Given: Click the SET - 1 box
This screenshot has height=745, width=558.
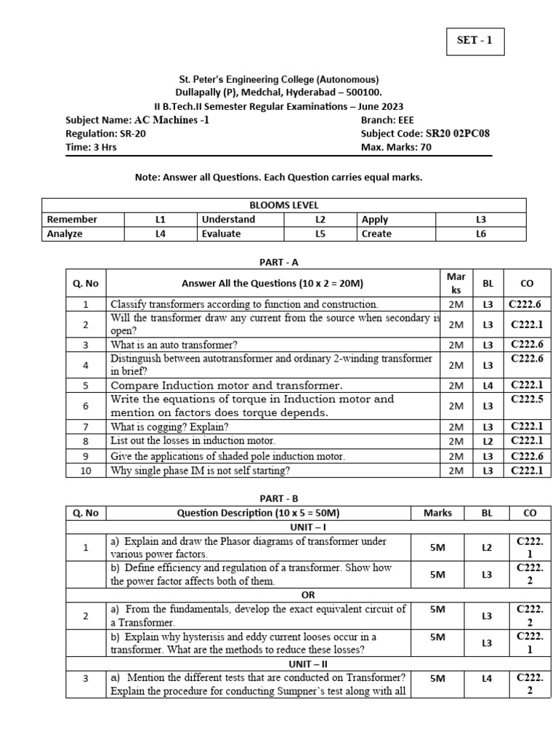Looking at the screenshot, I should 474,41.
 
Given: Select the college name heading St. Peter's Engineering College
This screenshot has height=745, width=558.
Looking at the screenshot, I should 279,79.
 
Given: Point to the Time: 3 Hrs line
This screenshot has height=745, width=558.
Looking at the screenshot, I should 91,147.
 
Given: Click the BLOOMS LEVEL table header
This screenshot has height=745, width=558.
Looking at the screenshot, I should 283,205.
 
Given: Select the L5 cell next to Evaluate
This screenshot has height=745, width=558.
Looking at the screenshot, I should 320,234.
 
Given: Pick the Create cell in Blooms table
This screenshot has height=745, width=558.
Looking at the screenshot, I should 376,234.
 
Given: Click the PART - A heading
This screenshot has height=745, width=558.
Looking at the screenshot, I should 279,262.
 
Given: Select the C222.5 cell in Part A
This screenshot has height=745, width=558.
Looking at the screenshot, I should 527,399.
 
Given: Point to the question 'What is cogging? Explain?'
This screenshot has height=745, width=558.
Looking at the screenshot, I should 169,426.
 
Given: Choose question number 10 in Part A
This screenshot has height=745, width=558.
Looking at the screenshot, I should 85,471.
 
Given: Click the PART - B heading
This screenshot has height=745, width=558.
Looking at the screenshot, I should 279,498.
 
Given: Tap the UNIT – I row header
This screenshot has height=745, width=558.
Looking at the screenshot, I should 308,527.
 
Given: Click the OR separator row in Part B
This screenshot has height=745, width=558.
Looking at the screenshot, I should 308,594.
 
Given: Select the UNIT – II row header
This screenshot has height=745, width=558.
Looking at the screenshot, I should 308,663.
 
